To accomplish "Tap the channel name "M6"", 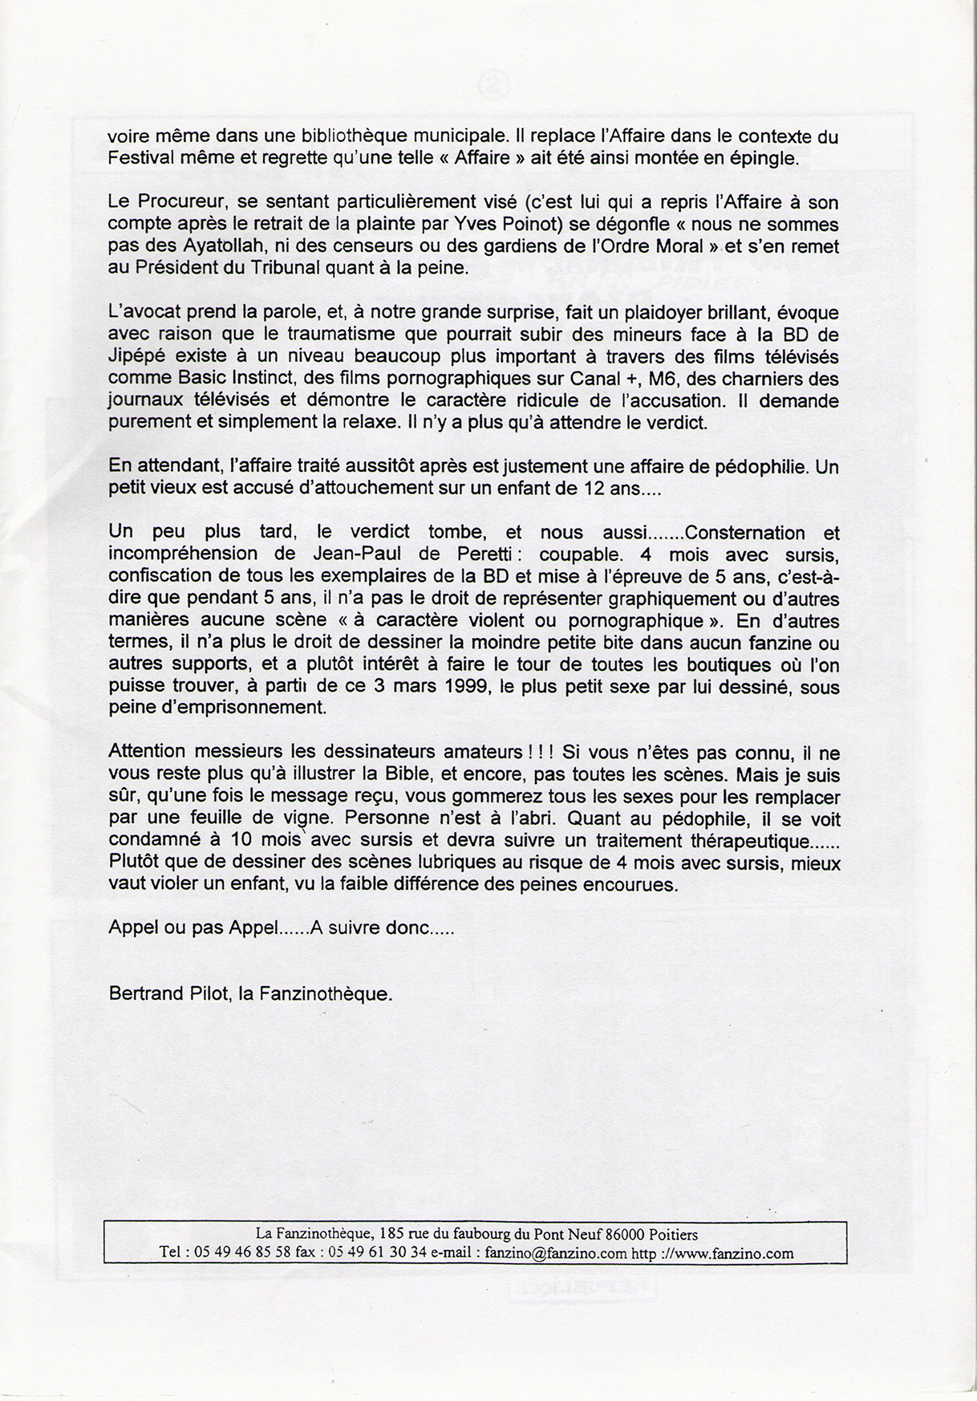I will click(x=663, y=378).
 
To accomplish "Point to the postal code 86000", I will click(x=613, y=1234).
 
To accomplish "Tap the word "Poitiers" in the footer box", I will click(x=666, y=1234).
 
